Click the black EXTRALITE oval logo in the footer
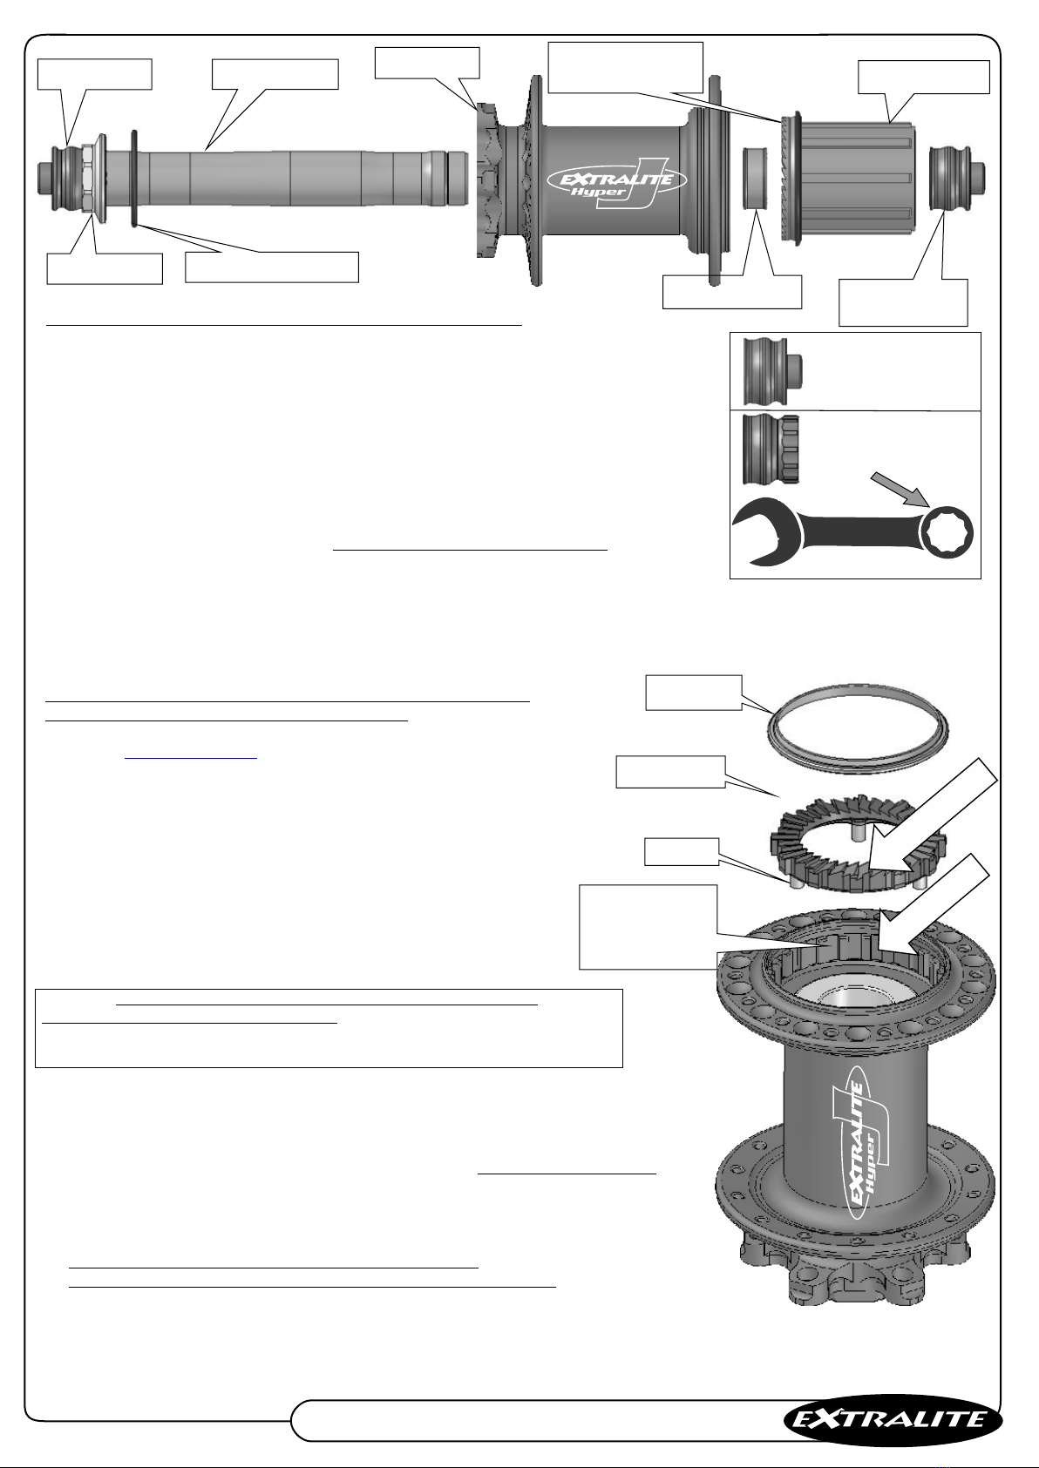(893, 1419)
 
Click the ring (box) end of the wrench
(947, 532)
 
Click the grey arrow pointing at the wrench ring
(901, 488)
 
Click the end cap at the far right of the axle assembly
(957, 179)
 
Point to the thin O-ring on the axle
(135, 179)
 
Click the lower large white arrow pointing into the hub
(934, 908)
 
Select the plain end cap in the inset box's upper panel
(772, 371)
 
